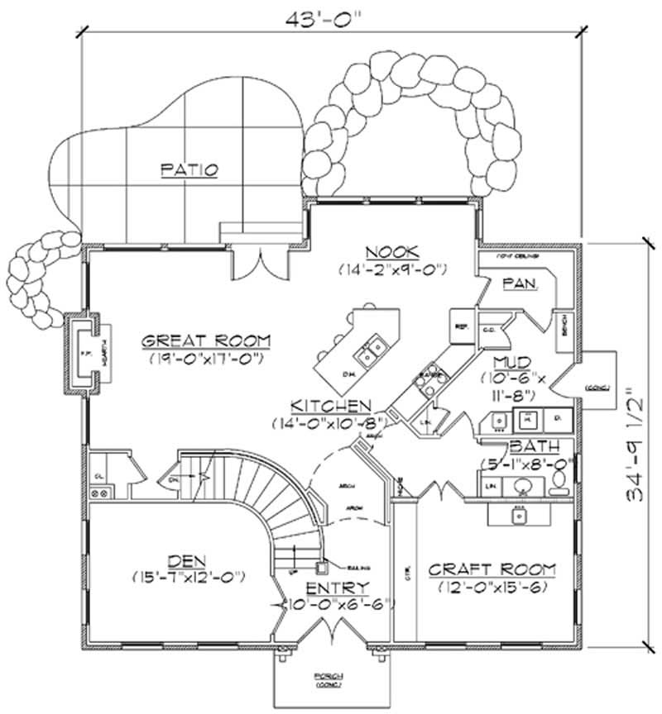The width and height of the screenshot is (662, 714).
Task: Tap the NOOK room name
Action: click(392, 252)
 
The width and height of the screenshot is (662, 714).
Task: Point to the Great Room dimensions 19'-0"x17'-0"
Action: click(206, 359)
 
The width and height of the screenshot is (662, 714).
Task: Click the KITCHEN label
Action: click(329, 406)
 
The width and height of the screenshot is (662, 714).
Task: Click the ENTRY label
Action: click(332, 588)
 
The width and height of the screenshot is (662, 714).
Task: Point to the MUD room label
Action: click(506, 363)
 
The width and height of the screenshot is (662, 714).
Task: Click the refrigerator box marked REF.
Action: click(460, 326)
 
